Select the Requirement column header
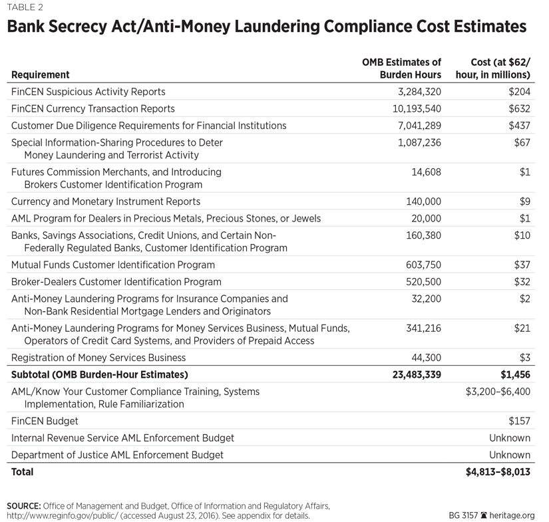point(40,75)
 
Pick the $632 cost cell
point(516,108)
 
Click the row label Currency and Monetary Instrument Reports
point(106,201)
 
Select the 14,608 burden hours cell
point(424,172)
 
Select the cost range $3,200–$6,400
point(498,392)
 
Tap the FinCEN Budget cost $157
point(516,421)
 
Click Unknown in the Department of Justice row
point(510,455)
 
